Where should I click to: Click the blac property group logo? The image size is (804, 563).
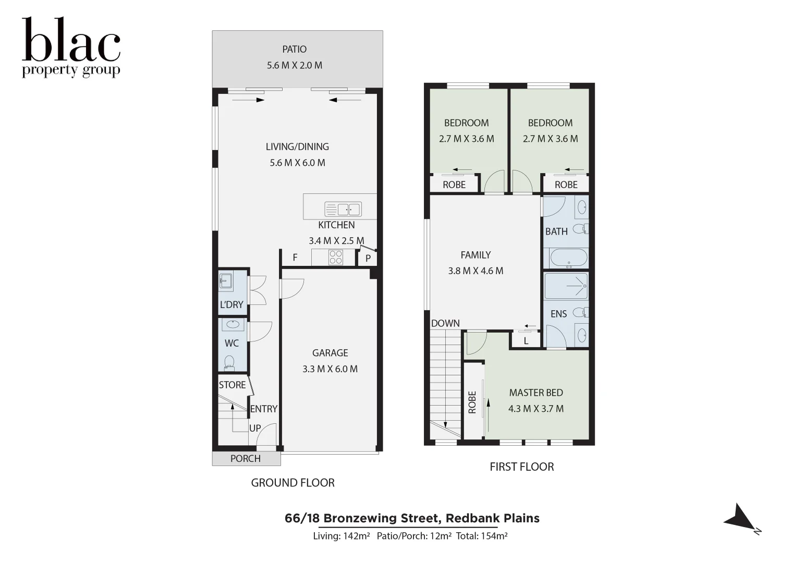point(71,47)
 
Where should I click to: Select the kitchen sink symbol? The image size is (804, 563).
point(343,209)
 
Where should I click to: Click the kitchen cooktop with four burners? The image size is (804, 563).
point(336,258)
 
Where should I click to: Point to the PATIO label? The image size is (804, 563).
point(294,49)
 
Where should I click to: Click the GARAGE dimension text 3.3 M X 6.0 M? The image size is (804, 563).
point(330,369)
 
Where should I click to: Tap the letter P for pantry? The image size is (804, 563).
point(368,258)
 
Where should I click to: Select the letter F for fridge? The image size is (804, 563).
point(295,258)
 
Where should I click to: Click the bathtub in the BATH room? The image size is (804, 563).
point(568,258)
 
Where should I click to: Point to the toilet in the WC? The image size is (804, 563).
point(229,363)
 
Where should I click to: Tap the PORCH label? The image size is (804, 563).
point(246,459)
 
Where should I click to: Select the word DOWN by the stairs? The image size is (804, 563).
point(445,323)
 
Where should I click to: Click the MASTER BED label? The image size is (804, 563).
point(536,393)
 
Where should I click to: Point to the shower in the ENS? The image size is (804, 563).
point(566,286)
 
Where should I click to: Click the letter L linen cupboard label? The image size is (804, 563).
point(526,341)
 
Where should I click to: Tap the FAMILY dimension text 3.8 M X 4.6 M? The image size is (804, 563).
point(476,271)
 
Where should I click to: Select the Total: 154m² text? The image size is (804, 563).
point(482,536)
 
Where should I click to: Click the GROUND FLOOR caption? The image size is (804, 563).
point(293,483)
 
